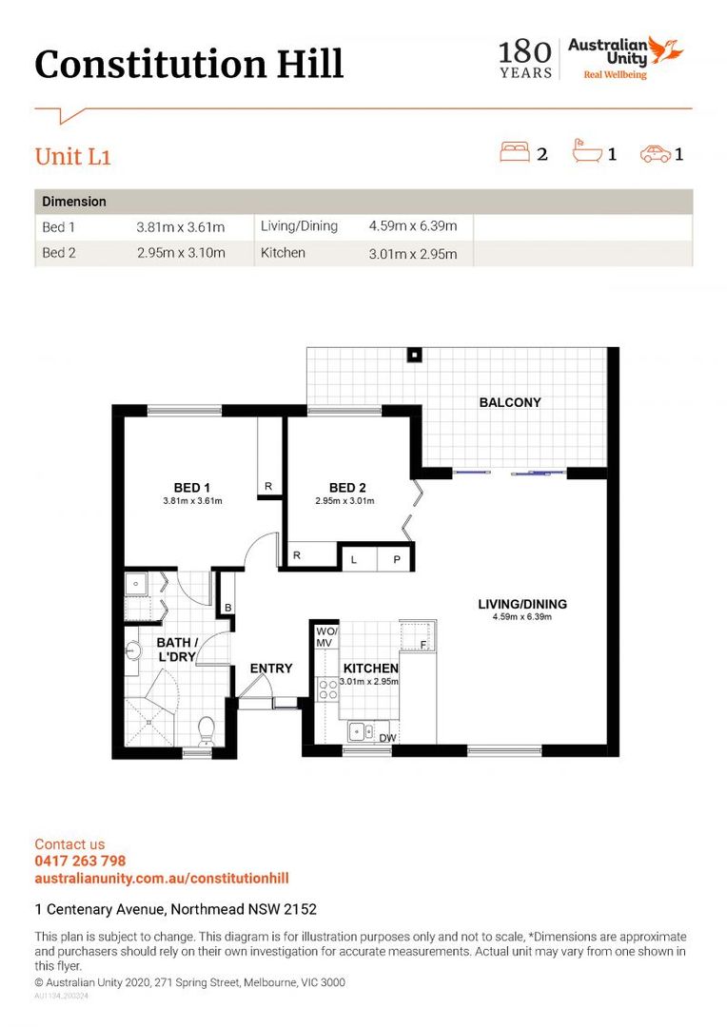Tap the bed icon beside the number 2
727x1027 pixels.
pos(516,152)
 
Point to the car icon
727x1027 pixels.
pos(655,153)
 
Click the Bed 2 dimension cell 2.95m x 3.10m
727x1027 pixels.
pos(181,253)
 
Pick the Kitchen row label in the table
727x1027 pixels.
pos(283,253)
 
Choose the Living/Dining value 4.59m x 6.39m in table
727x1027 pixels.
pos(413,226)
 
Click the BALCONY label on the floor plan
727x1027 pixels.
pos(510,402)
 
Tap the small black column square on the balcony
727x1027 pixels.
pos(414,356)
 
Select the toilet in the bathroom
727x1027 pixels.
pos(205,730)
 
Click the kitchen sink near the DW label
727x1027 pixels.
pos(361,730)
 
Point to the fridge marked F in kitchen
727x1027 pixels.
pos(419,635)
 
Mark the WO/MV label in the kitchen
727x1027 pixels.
pos(325,637)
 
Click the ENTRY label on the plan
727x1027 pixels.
pos(271,669)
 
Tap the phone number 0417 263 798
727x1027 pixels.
pos(80,861)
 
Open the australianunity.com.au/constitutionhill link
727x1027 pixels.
pos(162,878)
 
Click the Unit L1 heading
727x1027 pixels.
pos(73,157)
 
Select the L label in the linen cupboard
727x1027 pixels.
pos(354,560)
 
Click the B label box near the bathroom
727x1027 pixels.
pos(228,607)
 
